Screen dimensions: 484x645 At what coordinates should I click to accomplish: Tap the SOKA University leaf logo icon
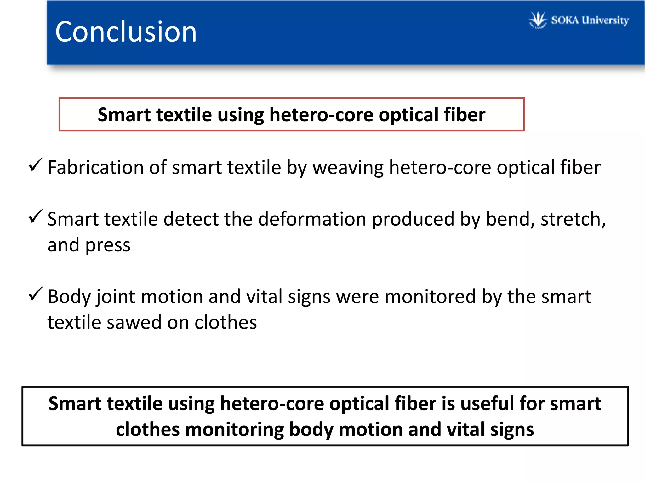pyautogui.click(x=538, y=20)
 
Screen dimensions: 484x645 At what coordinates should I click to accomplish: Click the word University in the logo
pyautogui.click(x=605, y=20)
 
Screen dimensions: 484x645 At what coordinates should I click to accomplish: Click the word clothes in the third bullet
pyautogui.click(x=225, y=322)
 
